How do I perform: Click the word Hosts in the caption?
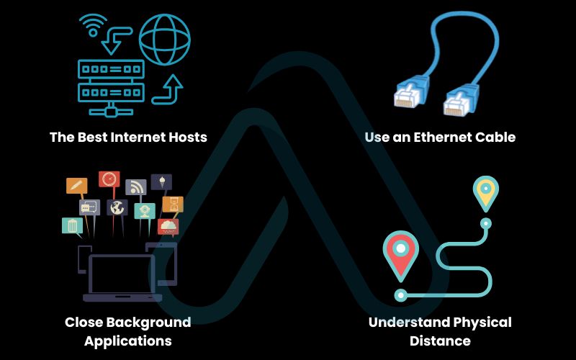pyautogui.click(x=182, y=137)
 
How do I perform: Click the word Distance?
pyautogui.click(x=440, y=341)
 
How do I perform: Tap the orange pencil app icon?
pyautogui.click(x=76, y=186)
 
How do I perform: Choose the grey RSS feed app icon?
pyautogui.click(x=135, y=188)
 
